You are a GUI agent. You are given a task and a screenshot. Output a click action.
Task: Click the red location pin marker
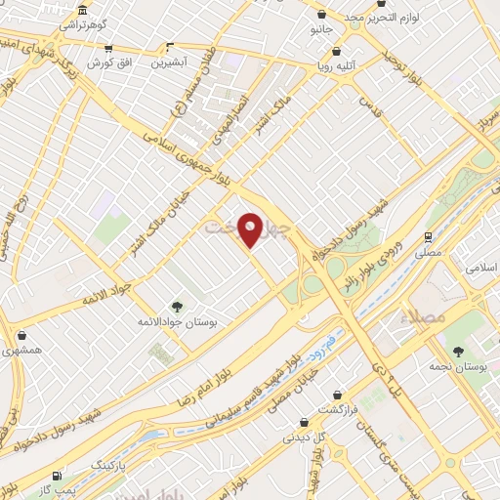251,229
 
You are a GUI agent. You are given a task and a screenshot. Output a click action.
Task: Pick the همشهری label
22,349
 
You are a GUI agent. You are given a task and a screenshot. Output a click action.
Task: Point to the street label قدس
366,102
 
